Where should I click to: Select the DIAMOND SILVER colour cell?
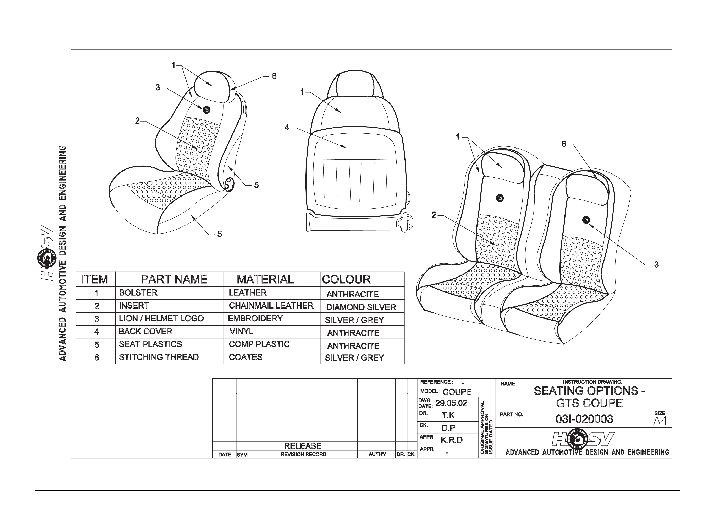tap(361, 307)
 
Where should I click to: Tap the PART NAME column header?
tap(174, 279)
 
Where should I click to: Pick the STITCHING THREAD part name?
tap(159, 357)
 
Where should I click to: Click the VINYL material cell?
tap(241, 331)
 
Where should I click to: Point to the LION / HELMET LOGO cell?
tap(161, 319)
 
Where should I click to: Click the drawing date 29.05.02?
tap(451, 403)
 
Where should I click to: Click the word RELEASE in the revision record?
tap(303, 446)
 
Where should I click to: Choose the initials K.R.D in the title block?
tap(452, 440)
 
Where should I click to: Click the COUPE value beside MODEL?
tap(457, 392)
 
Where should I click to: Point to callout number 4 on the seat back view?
tap(287, 128)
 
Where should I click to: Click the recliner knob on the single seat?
tap(229, 185)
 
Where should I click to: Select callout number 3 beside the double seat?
tap(656, 265)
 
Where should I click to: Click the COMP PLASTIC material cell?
tap(259, 344)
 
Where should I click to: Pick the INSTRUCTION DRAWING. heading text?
tap(593, 382)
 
